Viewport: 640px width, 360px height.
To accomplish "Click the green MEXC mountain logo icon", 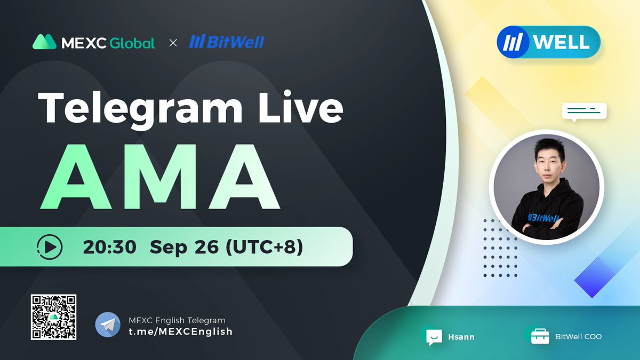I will pos(45,42).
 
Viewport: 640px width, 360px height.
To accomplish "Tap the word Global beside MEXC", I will pos(132,43).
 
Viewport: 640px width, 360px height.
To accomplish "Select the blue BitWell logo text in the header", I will pos(227,42).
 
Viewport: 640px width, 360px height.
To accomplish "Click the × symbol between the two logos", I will pos(173,43).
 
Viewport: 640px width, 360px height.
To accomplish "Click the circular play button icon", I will pos(50,246).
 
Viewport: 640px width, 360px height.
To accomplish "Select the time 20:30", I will pos(110,247).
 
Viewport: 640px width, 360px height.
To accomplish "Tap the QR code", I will pos(53,317).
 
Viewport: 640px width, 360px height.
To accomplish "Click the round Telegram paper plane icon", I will pos(108,325).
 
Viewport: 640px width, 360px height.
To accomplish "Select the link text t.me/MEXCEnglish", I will pos(180,331).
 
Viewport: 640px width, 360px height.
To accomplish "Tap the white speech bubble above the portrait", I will pos(584,111).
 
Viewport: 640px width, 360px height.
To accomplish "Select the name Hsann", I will pos(461,337).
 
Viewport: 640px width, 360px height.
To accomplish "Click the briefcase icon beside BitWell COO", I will pos(540,337).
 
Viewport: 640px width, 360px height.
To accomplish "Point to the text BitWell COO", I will pos(579,337).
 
